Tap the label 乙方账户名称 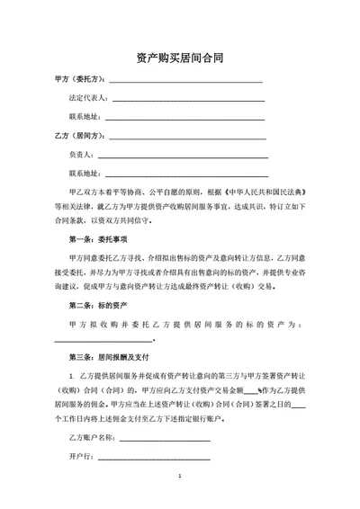coord(92,437)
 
